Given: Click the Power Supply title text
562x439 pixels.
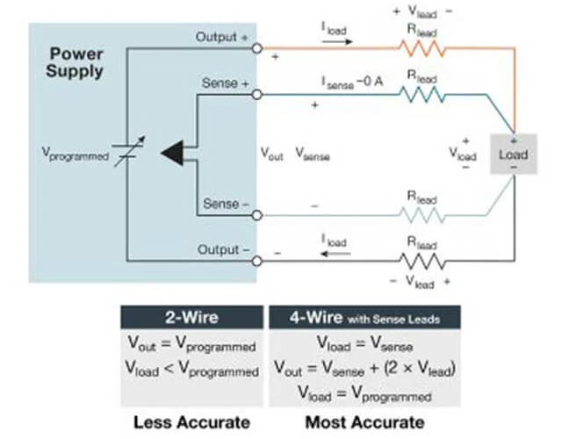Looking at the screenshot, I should [74, 61].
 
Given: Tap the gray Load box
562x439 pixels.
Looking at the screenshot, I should [513, 155].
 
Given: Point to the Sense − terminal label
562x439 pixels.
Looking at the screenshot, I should [226, 205].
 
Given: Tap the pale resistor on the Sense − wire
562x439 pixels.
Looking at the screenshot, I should [423, 213].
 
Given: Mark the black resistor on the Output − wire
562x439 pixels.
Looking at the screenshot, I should [423, 261].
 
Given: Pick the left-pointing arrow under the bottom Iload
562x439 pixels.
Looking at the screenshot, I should [335, 254].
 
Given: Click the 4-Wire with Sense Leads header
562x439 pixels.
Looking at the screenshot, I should [364, 317].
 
